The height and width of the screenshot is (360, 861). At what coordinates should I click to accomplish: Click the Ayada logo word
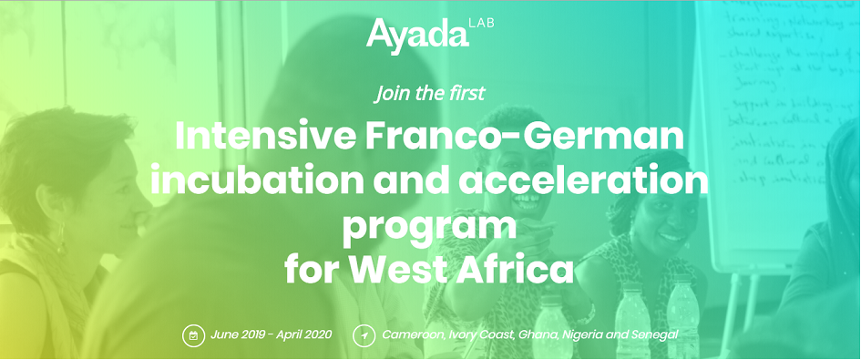[x=417, y=35]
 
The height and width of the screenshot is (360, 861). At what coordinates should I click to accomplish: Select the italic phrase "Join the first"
[x=429, y=92]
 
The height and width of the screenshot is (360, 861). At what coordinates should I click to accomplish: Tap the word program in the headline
[x=429, y=223]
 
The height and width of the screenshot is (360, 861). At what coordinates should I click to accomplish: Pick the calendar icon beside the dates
[x=192, y=335]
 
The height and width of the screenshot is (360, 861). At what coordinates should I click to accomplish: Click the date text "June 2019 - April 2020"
[x=271, y=335]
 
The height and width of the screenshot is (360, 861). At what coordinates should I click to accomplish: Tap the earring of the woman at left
[x=61, y=245]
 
